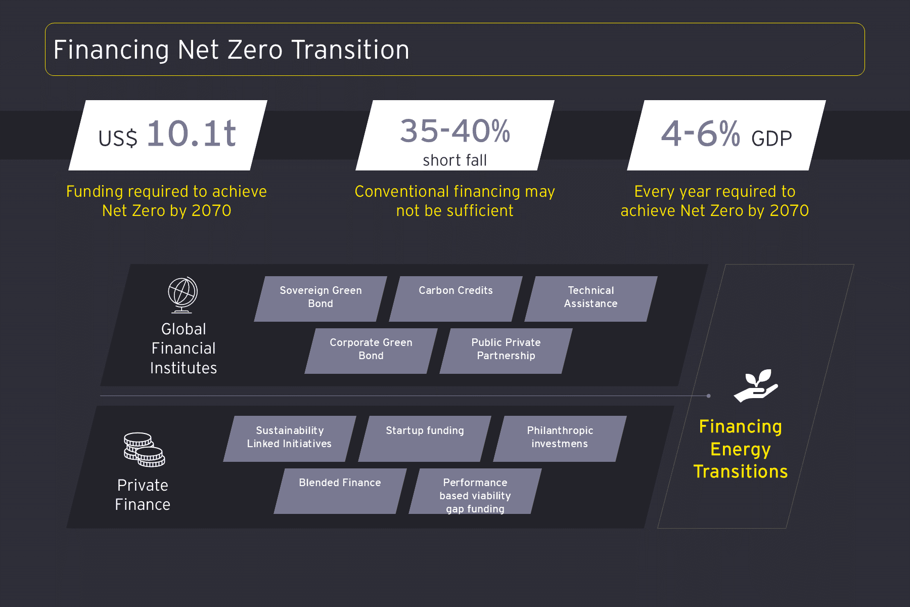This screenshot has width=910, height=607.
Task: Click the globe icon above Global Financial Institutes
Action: [x=183, y=295]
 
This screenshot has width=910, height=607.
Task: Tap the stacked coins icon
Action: [x=144, y=450]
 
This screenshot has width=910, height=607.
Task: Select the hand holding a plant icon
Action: [x=756, y=385]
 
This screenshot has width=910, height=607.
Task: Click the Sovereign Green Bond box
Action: [x=321, y=298]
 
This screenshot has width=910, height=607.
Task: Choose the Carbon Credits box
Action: [x=456, y=298]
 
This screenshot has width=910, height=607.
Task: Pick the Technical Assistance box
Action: [x=590, y=298]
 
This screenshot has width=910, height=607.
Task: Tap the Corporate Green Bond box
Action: [x=371, y=351]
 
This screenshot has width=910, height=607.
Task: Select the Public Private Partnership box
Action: [x=506, y=351]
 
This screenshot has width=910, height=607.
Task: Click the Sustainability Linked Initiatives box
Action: [x=290, y=439]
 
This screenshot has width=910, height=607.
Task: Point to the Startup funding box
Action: [x=425, y=439]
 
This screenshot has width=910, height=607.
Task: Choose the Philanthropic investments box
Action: [x=560, y=439]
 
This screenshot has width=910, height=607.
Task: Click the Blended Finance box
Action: [x=340, y=491]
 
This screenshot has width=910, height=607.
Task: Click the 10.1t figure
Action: [x=191, y=134]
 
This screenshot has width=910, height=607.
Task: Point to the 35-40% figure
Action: [x=455, y=131]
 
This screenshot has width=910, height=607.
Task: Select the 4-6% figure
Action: [x=701, y=134]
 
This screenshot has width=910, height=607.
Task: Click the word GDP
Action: [x=771, y=139]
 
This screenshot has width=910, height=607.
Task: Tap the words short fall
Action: [x=455, y=160]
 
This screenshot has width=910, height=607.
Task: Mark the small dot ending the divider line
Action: [x=709, y=396]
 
